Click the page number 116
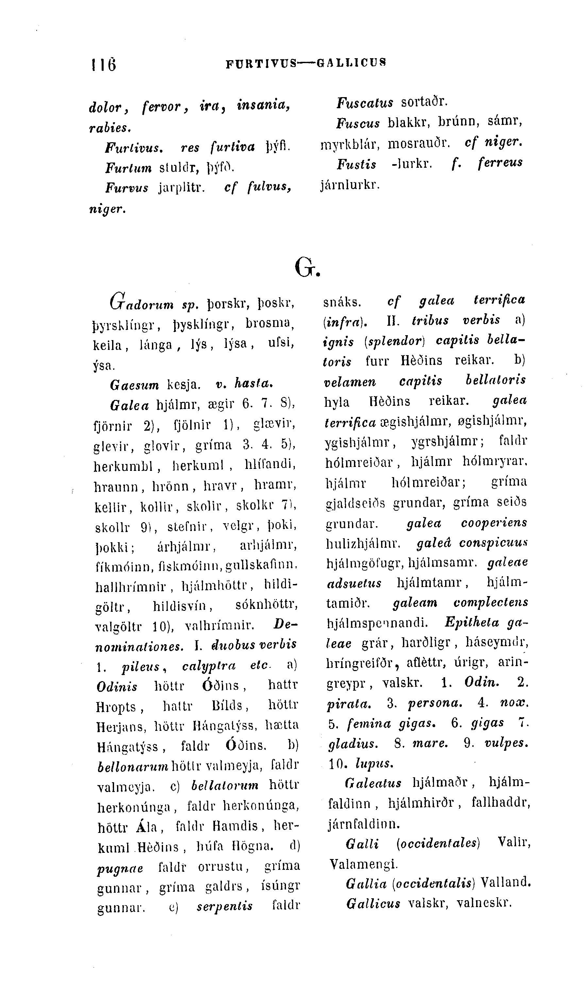(104, 64)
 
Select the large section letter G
(306, 268)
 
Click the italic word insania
(263, 106)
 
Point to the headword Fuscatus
(365, 103)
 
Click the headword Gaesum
(134, 385)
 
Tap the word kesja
(184, 385)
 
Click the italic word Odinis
(117, 687)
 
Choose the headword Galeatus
(373, 783)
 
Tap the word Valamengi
(363, 865)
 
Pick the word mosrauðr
(419, 143)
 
